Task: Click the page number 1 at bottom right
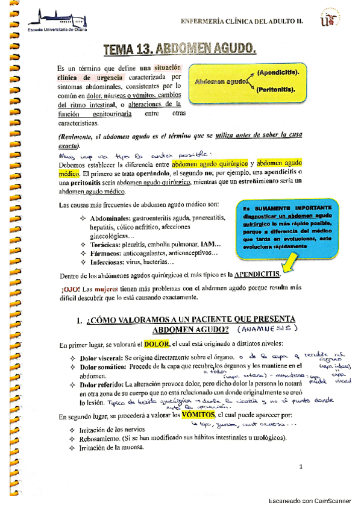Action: pos(300,467)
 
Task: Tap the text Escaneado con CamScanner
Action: pos(310,501)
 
